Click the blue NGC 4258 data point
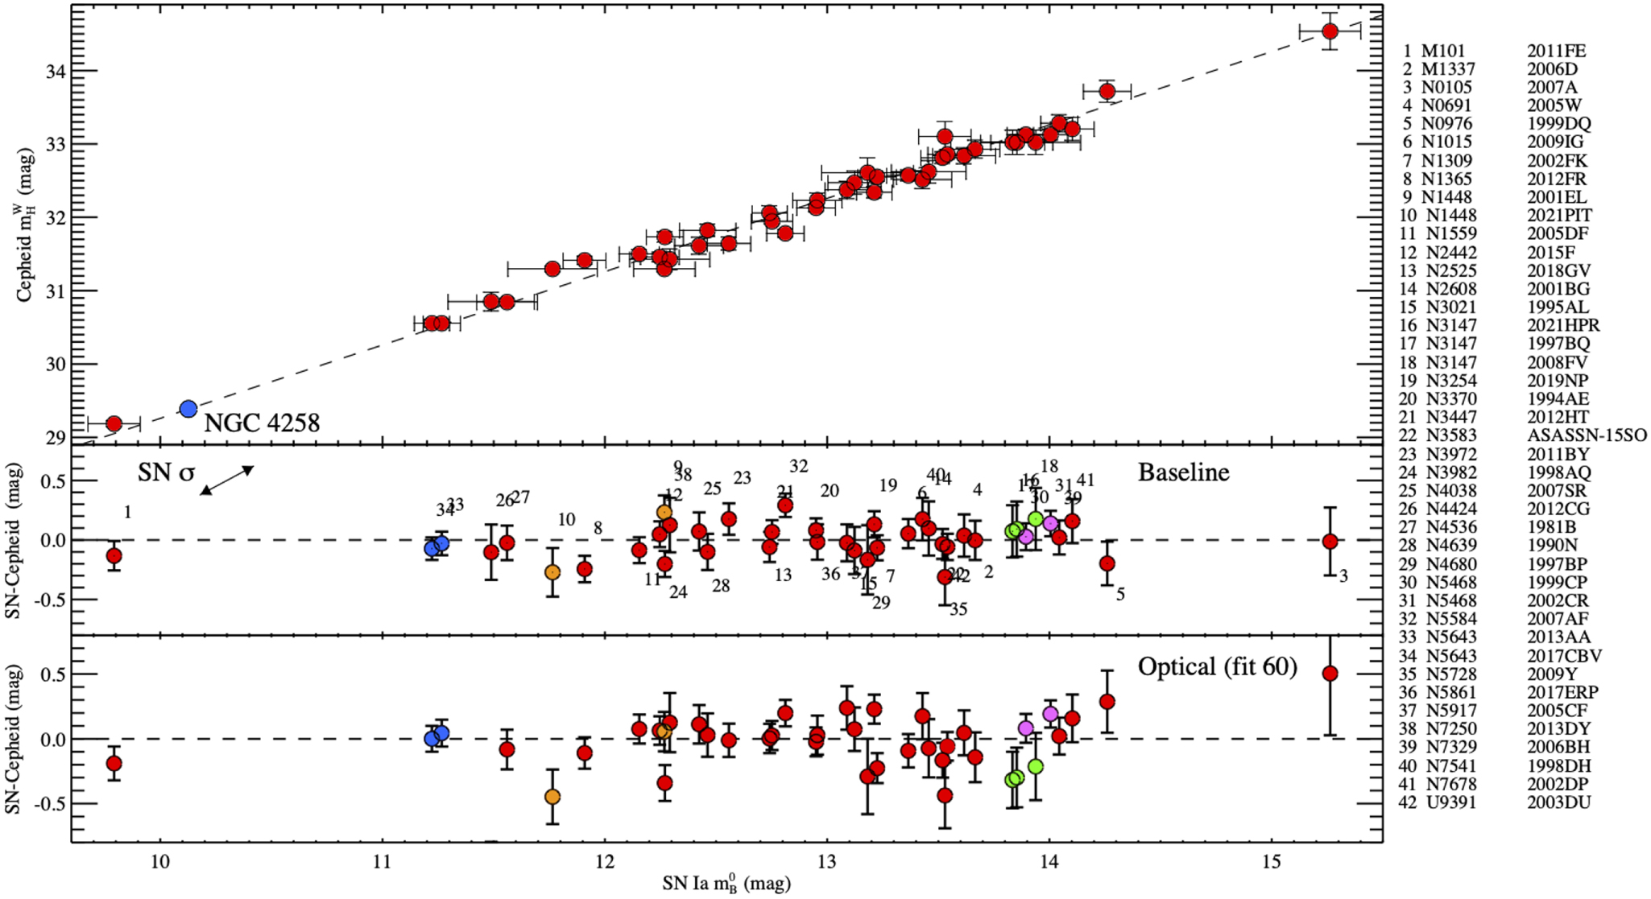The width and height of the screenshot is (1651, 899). [188, 409]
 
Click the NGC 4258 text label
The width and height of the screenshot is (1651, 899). [262, 423]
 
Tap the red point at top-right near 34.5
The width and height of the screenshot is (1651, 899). [1330, 31]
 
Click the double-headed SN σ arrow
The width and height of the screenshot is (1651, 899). [227, 480]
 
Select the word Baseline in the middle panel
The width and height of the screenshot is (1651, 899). [1183, 472]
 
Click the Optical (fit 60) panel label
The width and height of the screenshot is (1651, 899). [1217, 667]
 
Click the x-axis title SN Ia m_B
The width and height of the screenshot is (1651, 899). [726, 884]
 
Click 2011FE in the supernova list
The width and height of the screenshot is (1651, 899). [1556, 51]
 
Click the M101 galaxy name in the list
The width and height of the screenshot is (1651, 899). [1443, 51]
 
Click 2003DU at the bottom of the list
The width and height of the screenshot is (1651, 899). [1558, 802]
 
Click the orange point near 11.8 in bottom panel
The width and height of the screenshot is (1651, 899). [552, 797]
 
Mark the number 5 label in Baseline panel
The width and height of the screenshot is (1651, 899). [1120, 595]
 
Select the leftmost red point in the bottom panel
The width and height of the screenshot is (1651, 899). [114, 763]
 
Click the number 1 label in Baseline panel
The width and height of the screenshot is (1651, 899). [128, 513]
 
